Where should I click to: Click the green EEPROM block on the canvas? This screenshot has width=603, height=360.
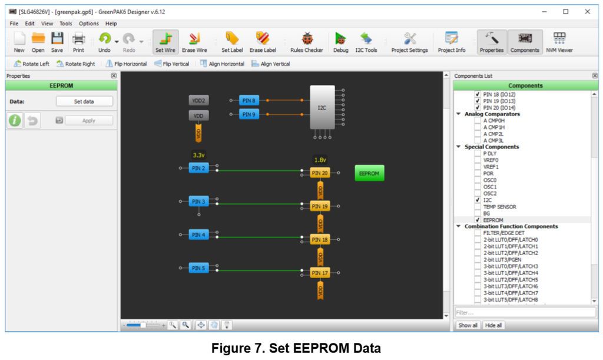369,173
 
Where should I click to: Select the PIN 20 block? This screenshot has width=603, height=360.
320,173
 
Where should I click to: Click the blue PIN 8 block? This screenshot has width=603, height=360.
249,101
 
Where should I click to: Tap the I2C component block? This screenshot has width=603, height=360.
322,107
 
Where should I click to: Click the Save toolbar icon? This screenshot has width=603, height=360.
57,42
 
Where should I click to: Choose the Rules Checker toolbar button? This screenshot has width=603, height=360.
306,42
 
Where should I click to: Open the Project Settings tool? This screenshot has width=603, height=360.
409,42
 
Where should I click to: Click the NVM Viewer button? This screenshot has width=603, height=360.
559,42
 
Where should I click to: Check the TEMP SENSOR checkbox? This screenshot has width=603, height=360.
478,207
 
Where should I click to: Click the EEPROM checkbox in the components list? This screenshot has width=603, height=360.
478,220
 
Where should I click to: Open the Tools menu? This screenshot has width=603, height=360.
66,24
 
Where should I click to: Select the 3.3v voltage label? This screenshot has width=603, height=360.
198,156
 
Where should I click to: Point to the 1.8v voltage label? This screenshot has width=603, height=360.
320,160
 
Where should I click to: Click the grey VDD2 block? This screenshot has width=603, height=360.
199,101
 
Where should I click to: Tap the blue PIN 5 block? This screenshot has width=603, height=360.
199,268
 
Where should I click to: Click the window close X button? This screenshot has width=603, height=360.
587,11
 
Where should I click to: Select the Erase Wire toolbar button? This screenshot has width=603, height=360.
194,42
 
